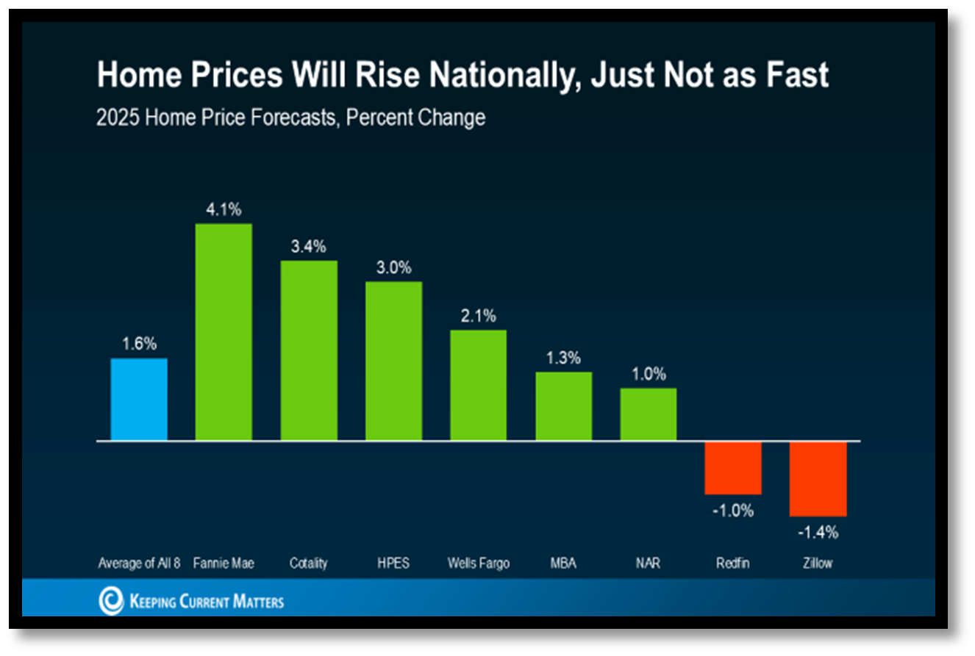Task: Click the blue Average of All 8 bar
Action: (139, 400)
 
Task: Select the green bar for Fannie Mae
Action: (224, 332)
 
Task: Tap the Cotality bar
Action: (309, 350)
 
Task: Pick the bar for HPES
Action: (394, 361)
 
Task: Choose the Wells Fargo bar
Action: (479, 385)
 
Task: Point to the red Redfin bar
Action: (733, 468)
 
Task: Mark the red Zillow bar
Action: (818, 479)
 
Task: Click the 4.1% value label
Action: (224, 209)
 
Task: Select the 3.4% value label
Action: (309, 247)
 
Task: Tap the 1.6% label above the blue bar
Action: (139, 344)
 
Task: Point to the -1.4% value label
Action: (818, 533)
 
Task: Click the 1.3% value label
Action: (563, 358)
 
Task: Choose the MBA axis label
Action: (563, 564)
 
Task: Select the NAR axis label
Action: (648, 564)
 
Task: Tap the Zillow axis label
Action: (818, 564)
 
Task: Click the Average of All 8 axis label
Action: (139, 564)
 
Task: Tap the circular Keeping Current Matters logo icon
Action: (111, 601)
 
